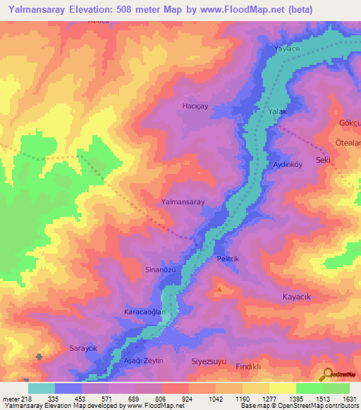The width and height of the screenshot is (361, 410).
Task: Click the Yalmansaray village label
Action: click(x=183, y=201)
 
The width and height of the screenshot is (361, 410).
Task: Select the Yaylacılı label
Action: click(x=287, y=49)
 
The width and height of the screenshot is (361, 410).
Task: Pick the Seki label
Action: click(x=324, y=160)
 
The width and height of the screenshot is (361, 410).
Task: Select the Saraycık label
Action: click(x=82, y=349)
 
